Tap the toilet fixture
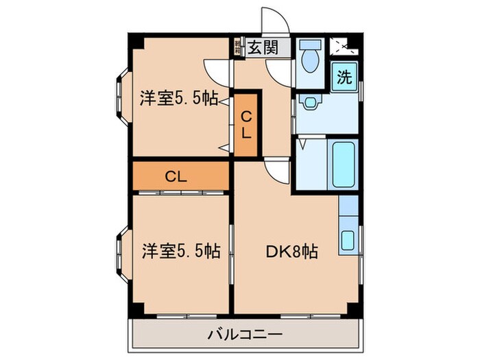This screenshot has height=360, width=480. coord(310,56)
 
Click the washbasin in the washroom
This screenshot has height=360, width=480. coord(310,104)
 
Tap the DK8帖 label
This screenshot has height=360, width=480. coord(292,252)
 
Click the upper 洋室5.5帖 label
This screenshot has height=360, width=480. coord(179,99)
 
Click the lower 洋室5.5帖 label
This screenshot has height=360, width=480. coord(180,251)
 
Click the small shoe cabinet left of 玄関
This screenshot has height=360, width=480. coord(237,47)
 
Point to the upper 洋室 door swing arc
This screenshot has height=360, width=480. coord(217,70)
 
